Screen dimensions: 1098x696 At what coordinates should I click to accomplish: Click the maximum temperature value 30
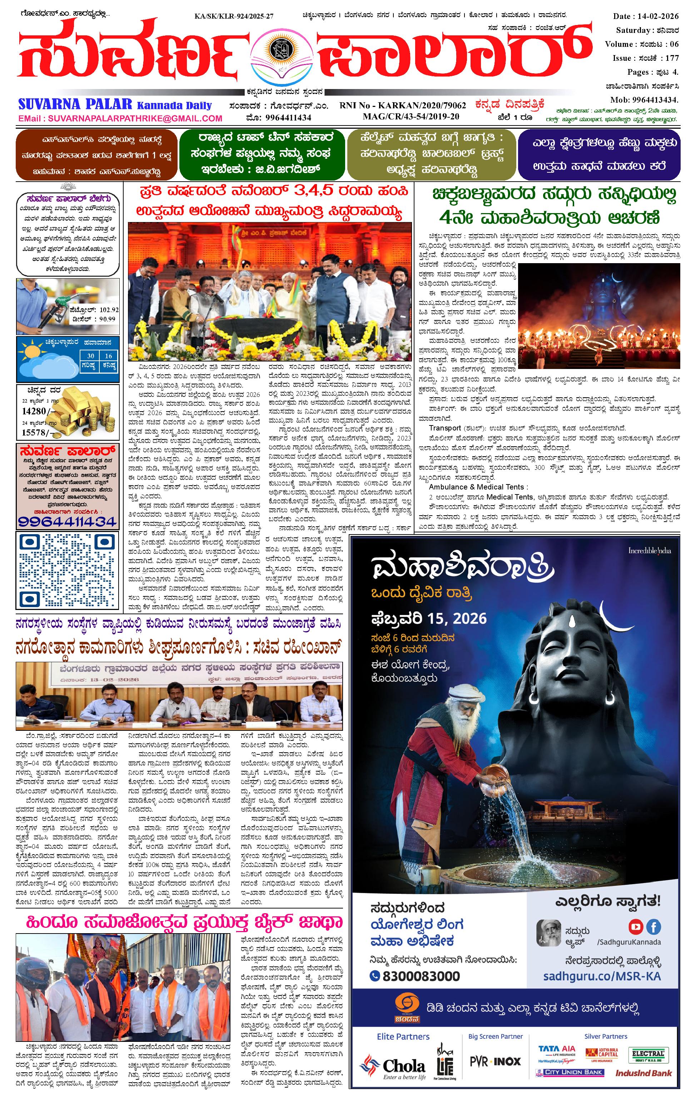[91, 356]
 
